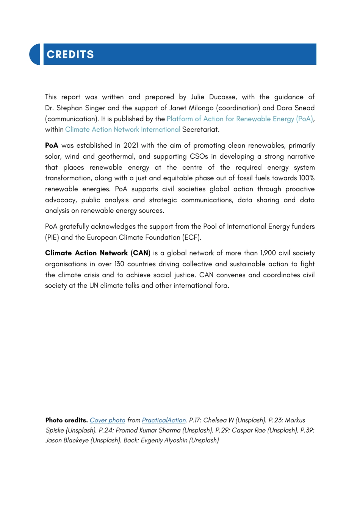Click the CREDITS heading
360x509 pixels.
coord(70,55)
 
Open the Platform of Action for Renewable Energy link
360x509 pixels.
coord(240,119)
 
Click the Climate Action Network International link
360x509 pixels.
coord(122,130)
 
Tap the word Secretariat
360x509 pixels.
coord(200,130)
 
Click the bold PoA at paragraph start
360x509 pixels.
coord(52,145)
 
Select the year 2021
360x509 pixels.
coord(131,145)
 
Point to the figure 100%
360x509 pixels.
coord(307,178)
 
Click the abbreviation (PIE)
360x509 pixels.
coord(52,237)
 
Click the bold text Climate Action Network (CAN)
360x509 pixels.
coord(97,253)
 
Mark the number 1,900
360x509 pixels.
coord(269,253)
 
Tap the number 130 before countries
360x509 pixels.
coord(119,264)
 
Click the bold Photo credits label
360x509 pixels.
coord(66,420)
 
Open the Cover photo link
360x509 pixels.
coord(107,420)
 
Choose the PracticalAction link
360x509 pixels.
coord(164,420)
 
